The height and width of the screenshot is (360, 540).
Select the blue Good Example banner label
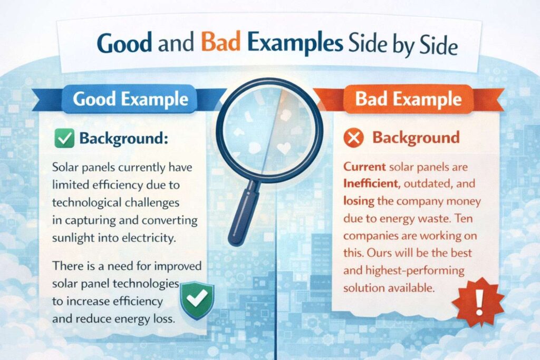click(x=131, y=99)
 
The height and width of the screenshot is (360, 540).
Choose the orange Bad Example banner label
click(x=408, y=99)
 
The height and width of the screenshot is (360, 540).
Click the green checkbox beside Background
click(x=64, y=138)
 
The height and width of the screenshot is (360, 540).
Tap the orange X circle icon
click(x=354, y=138)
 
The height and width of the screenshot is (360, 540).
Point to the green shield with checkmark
click(x=197, y=299)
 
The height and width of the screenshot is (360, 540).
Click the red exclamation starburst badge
click(x=478, y=302)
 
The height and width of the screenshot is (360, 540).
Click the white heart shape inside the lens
click(x=284, y=148)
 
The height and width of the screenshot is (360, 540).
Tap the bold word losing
click(x=359, y=201)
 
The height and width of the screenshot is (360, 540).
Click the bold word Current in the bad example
click(x=364, y=167)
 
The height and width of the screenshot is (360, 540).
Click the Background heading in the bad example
click(x=416, y=138)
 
